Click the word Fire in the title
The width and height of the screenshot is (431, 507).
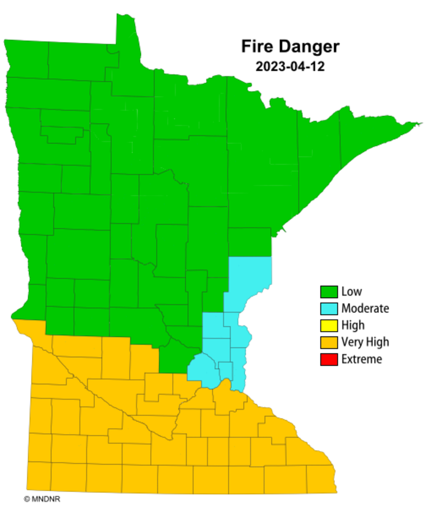(255, 47)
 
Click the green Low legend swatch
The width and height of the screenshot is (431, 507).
(329, 292)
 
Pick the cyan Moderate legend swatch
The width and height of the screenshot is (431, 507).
(329, 309)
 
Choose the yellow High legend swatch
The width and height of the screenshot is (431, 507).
(329, 326)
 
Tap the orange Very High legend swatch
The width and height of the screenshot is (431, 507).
(329, 342)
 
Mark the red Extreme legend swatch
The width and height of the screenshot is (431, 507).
(329, 360)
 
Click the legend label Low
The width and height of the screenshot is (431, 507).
(352, 292)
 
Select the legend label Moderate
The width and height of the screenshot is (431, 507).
(365, 308)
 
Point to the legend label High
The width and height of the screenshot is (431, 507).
(353, 325)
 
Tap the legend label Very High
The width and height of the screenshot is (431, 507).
(365, 342)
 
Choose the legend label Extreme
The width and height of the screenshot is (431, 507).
(362, 359)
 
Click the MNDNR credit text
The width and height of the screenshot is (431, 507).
(45, 499)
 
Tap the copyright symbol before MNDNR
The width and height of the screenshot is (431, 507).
(27, 499)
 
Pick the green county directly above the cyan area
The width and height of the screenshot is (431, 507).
(249, 242)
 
